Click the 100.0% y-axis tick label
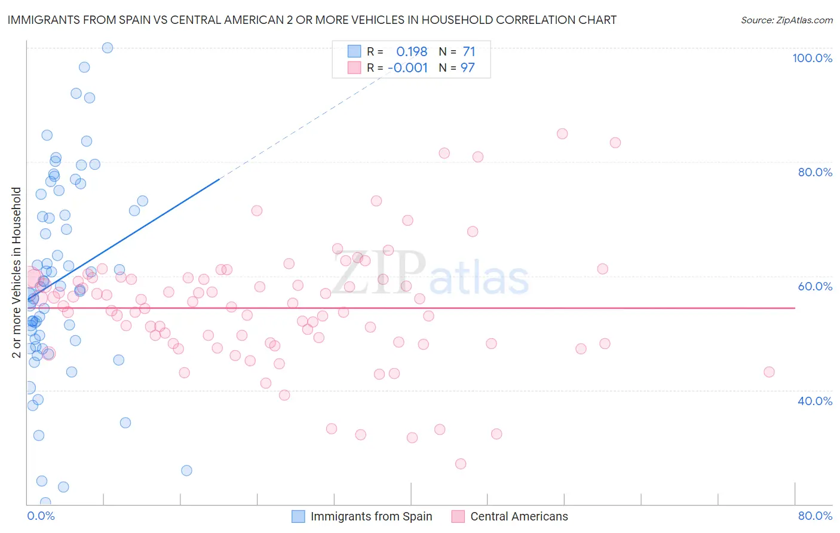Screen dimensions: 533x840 812,58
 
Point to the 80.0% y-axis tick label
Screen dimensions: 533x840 815,172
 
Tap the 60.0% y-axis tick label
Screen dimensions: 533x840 815,286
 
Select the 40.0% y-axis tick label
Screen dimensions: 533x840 815,401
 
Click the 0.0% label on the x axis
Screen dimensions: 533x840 41,516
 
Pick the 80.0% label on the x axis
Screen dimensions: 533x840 815,516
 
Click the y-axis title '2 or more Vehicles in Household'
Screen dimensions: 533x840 17,272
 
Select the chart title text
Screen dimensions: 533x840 312,20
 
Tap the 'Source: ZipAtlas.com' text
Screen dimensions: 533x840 786,20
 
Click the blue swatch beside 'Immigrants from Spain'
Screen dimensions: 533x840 298,516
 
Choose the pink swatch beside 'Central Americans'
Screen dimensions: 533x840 458,516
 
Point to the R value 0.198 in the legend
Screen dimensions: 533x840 412,52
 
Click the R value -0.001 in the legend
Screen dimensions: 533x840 407,68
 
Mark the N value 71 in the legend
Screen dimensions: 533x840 468,52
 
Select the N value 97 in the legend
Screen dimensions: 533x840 467,68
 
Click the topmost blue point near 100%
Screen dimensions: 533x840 108,48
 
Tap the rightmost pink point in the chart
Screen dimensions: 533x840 769,372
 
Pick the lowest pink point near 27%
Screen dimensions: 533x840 460,464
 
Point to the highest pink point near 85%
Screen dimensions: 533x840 562,134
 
